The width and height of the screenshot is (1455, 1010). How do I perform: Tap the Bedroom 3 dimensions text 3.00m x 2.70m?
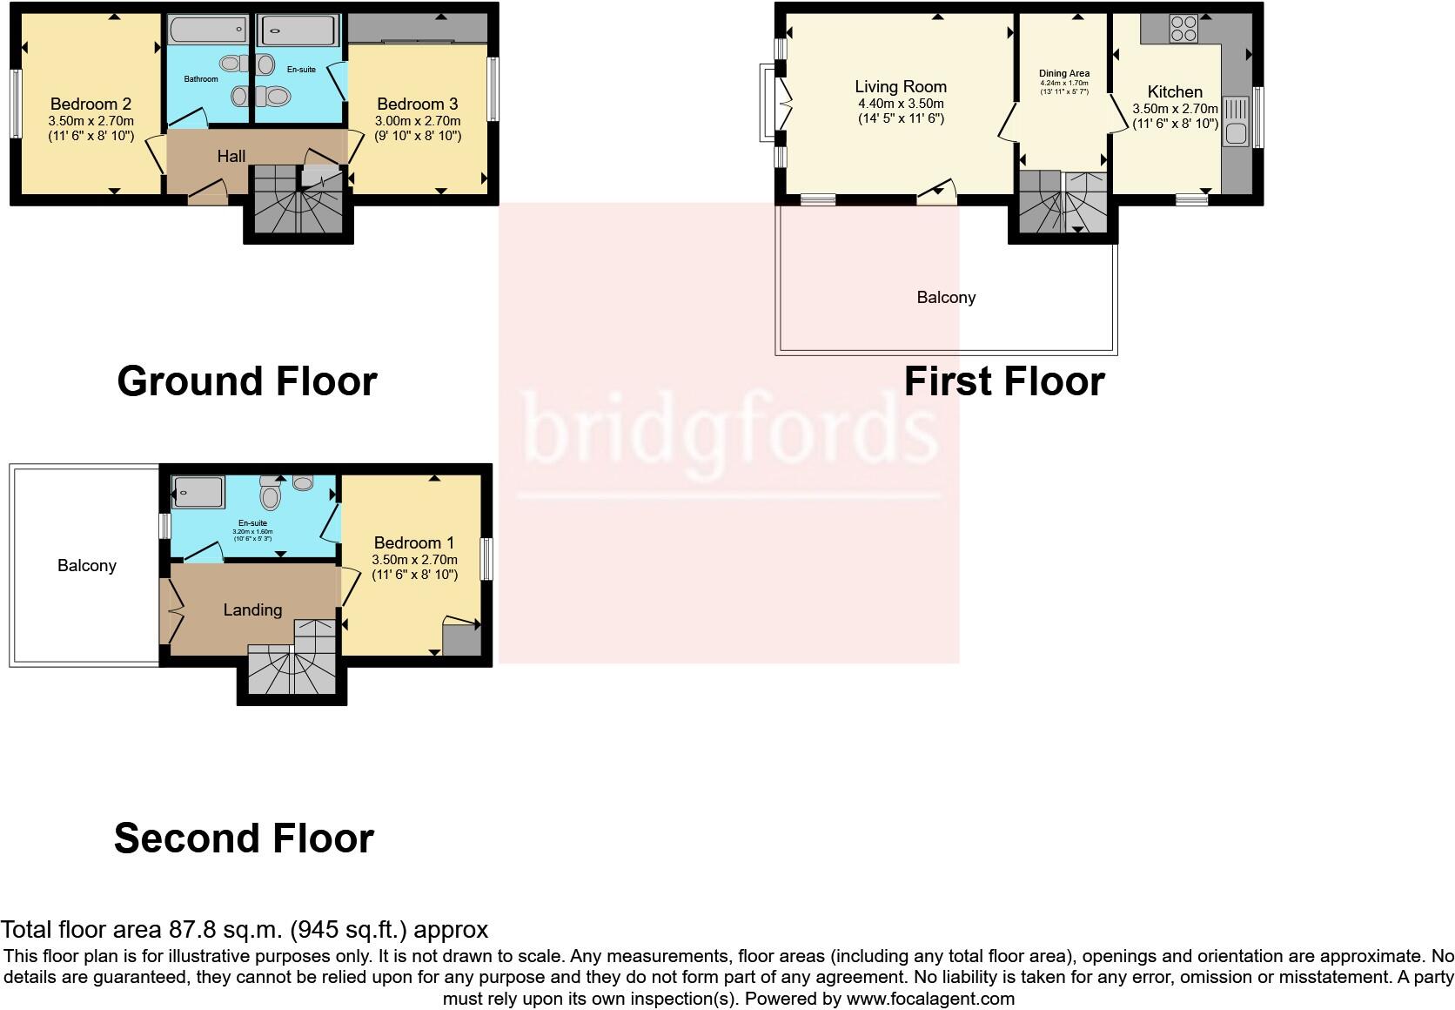418,121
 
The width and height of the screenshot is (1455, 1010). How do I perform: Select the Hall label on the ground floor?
231,157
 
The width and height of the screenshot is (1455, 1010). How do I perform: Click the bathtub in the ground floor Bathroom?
207,31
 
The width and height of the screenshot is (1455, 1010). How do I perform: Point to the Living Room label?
901,86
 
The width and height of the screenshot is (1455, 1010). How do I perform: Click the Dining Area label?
1063,74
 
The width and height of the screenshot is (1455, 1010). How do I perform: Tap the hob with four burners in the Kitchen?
1183,29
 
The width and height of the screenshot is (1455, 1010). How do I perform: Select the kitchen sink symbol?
1235,121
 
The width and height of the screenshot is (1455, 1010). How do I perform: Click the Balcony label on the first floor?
946,298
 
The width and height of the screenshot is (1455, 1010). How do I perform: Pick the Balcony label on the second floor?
87,566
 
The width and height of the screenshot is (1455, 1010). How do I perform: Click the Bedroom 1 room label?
414,542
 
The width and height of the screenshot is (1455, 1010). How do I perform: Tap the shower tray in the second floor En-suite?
198,492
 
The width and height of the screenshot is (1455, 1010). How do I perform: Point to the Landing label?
252,610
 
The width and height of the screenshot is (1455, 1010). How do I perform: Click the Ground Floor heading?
246,381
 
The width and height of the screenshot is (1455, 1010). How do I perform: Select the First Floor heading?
1004,381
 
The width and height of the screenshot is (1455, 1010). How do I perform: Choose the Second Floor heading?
244,838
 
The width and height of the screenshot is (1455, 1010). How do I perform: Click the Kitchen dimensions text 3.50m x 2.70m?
1175,109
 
